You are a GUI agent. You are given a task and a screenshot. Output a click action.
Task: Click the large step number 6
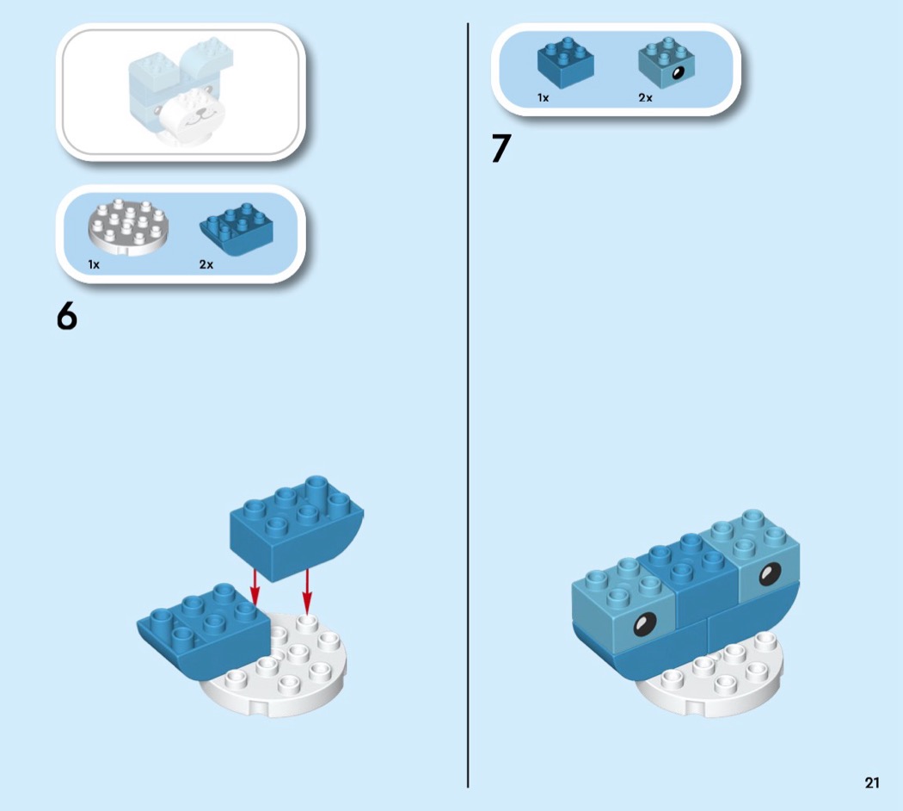(x=67, y=316)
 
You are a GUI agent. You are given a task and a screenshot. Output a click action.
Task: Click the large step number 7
(x=501, y=149)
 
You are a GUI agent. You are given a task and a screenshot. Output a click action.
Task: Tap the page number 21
(x=872, y=783)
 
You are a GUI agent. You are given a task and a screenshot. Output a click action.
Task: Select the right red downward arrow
(x=307, y=591)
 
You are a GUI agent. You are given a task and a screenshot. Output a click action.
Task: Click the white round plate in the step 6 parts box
(x=128, y=227)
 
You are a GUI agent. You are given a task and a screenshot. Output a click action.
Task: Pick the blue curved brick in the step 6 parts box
(x=236, y=229)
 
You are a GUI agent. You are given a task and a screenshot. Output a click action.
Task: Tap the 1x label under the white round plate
(x=94, y=264)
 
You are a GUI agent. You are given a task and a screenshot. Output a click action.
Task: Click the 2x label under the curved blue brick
(x=206, y=264)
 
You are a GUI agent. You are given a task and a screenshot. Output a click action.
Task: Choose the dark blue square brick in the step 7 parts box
(x=566, y=62)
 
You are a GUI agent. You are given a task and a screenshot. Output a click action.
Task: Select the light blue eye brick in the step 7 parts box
(x=666, y=62)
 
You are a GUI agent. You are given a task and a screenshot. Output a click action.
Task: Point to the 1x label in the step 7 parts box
(x=543, y=98)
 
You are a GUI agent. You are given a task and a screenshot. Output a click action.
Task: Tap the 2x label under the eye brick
(x=646, y=98)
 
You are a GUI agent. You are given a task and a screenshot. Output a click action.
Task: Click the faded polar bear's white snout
(x=193, y=117)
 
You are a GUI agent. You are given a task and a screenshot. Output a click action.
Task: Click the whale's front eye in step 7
(x=644, y=624)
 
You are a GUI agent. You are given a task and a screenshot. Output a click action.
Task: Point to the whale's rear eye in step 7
(x=770, y=574)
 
